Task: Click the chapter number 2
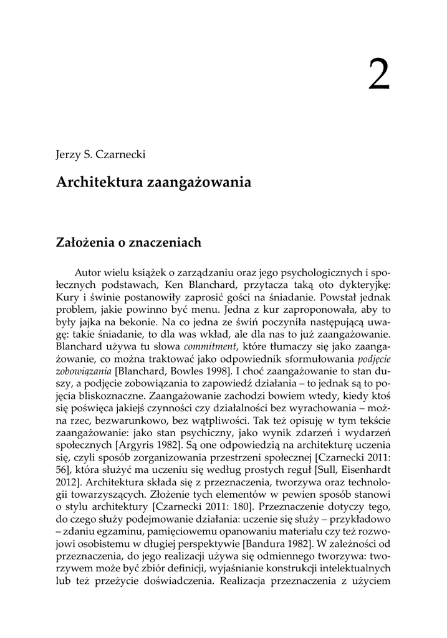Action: [x=378, y=75]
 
